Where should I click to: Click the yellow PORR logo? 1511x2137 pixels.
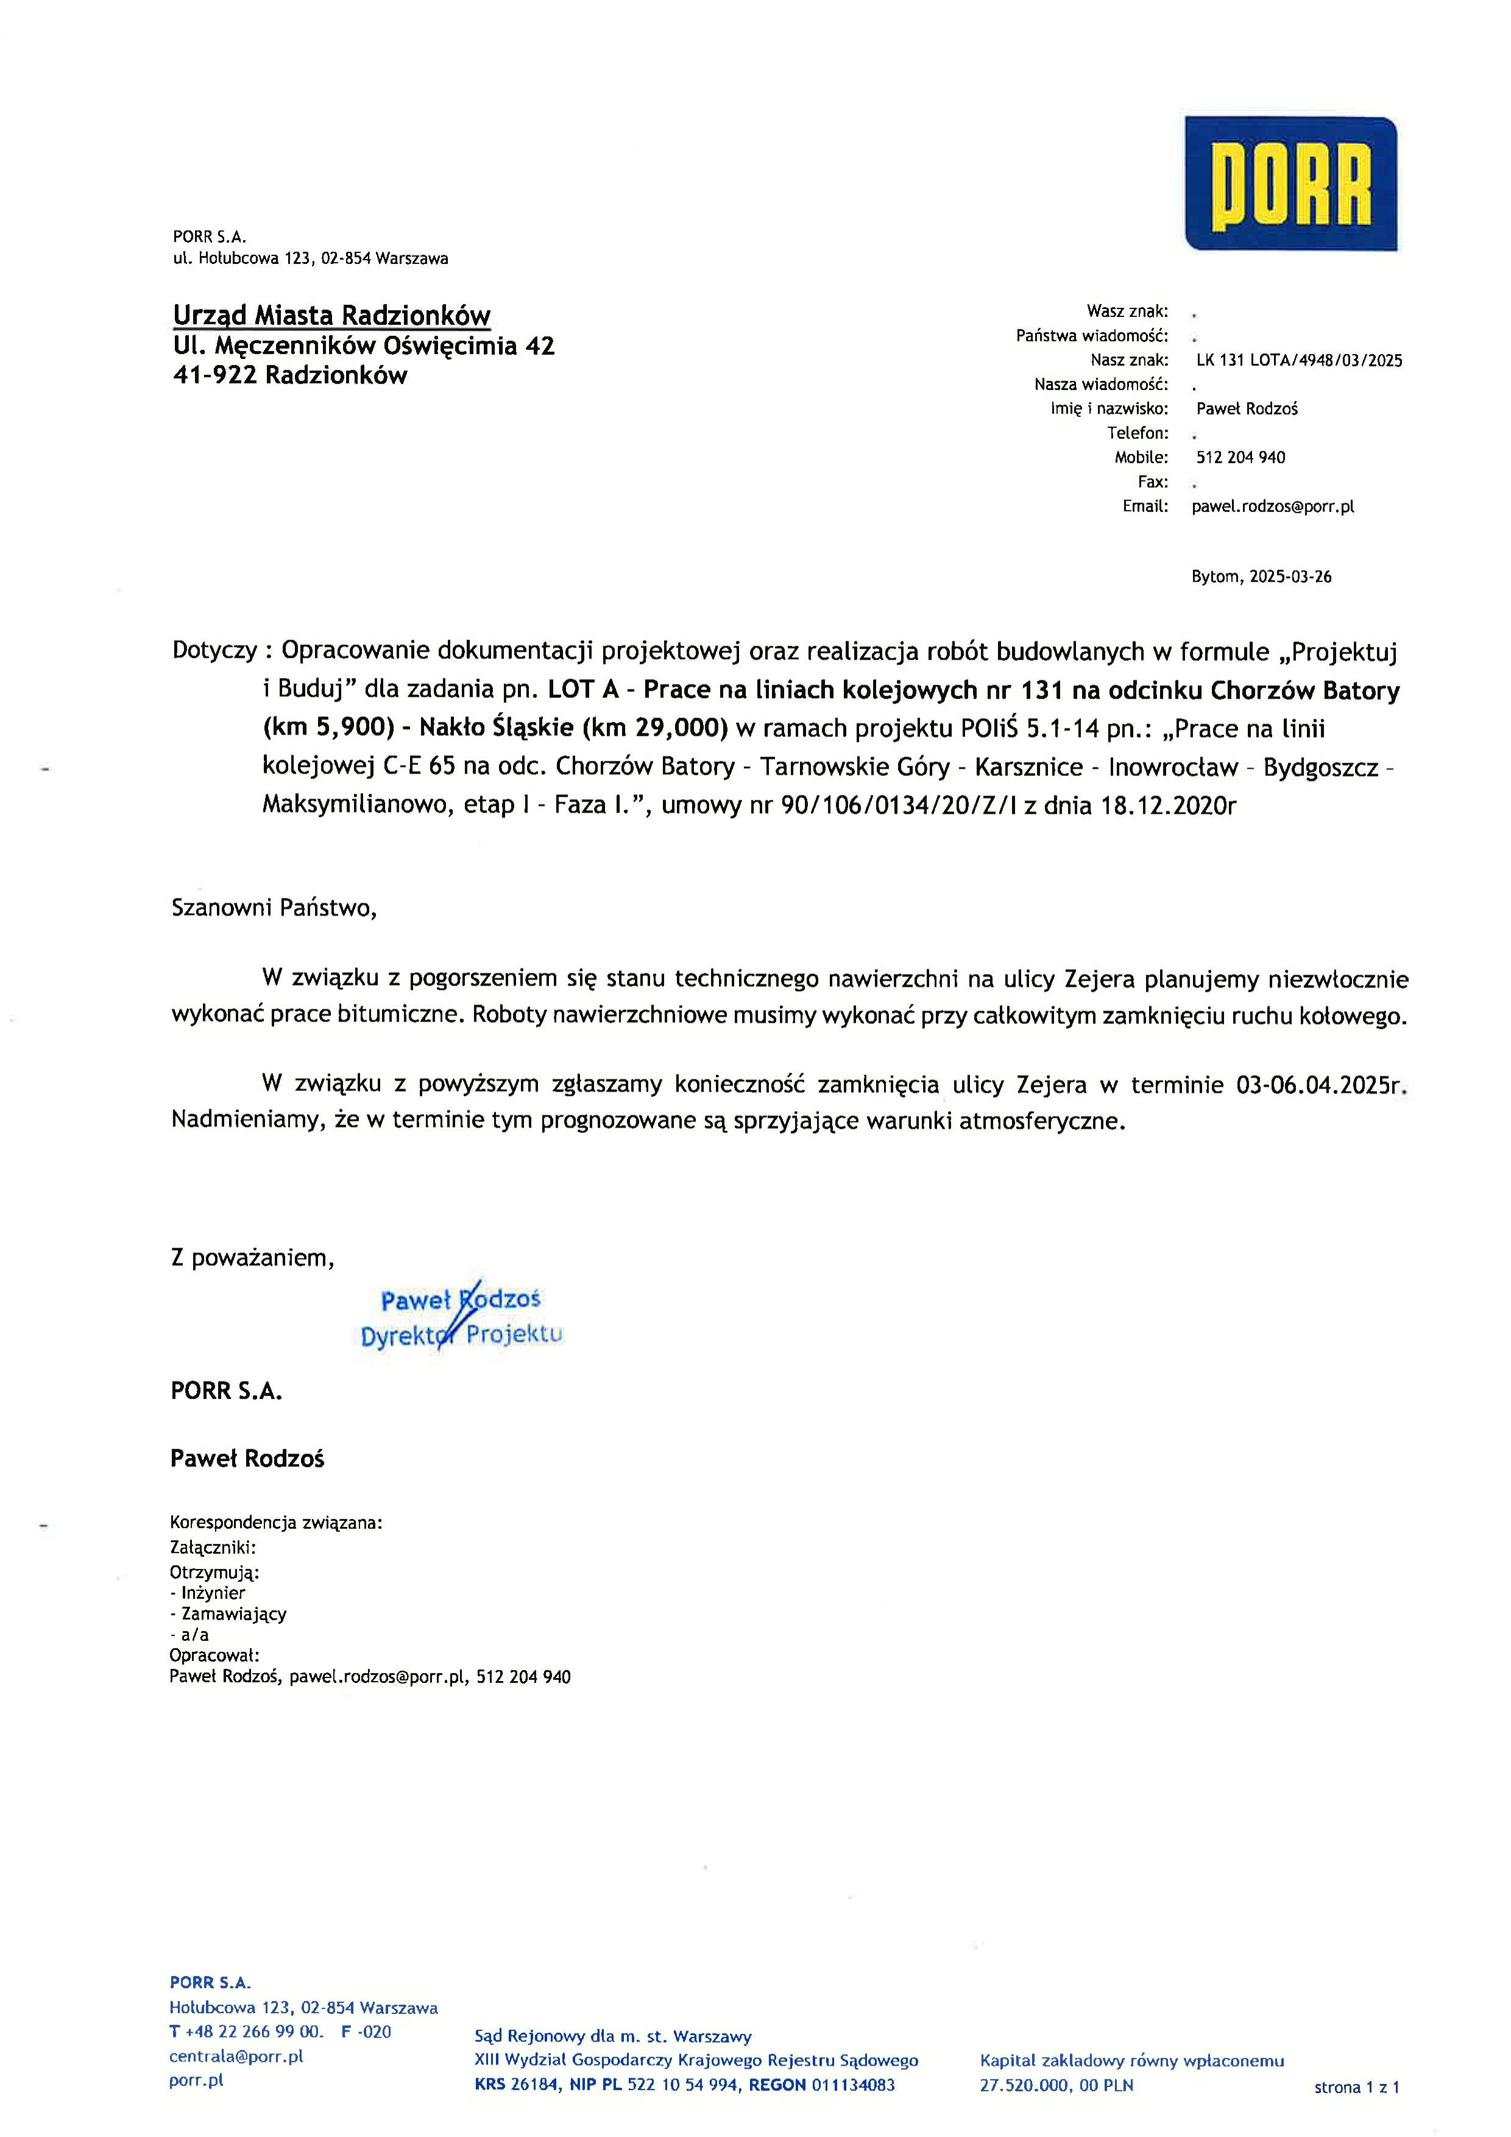(x=1290, y=184)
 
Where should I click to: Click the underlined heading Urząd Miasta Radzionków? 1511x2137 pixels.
(x=331, y=316)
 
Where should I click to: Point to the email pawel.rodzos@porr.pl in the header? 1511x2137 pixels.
(x=1272, y=507)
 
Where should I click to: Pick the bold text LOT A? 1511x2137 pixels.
(x=582, y=690)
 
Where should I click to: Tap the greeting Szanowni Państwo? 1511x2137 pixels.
(x=274, y=908)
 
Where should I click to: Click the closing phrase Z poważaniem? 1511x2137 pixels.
(x=252, y=1259)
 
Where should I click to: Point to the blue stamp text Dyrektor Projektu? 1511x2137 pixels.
(x=461, y=1335)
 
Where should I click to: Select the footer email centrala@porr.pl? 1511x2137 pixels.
(x=236, y=2056)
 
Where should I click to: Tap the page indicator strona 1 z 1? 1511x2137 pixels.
(x=1356, y=2088)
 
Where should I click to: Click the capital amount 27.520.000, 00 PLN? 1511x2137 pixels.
(x=1056, y=2085)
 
